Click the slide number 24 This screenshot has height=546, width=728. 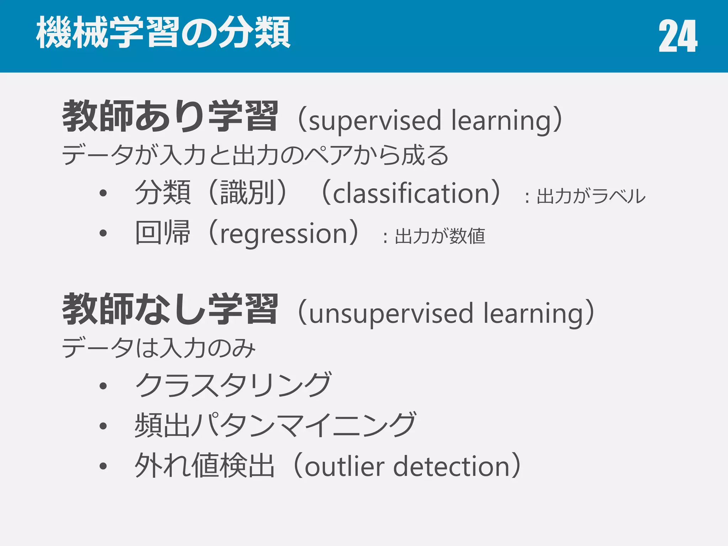pyautogui.click(x=678, y=36)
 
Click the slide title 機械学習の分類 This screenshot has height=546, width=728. pyautogui.click(x=164, y=33)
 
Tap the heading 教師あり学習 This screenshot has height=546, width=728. pyautogui.click(x=170, y=116)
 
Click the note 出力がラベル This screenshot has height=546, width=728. pyautogui.click(x=591, y=196)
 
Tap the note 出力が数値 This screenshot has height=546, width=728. pyautogui.click(x=440, y=236)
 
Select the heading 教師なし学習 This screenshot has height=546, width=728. pyautogui.click(x=170, y=309)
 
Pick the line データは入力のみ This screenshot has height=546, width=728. pyautogui.click(x=159, y=348)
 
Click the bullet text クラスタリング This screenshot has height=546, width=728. pyautogui.click(x=233, y=385)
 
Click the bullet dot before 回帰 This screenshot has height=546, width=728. pyautogui.click(x=103, y=234)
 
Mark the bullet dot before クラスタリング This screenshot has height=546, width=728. pyautogui.click(x=103, y=386)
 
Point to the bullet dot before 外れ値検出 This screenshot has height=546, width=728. pyautogui.click(x=103, y=466)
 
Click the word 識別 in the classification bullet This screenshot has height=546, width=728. pyautogui.click(x=247, y=193)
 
